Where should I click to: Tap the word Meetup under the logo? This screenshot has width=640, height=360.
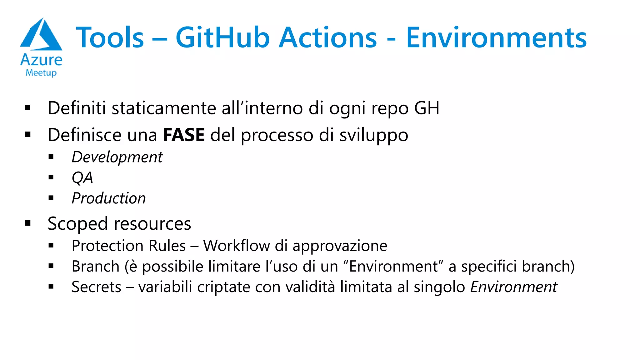pyautogui.click(x=41, y=73)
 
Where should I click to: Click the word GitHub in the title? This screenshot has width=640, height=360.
pyautogui.click(x=222, y=38)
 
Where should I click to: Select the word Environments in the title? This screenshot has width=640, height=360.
pyautogui.click(x=496, y=38)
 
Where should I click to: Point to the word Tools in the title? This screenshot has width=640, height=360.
pyautogui.click(x=110, y=38)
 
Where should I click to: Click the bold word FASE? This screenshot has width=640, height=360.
pyautogui.click(x=184, y=135)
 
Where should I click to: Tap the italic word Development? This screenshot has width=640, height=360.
pyautogui.click(x=117, y=157)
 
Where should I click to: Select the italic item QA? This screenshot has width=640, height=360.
pyautogui.click(x=82, y=178)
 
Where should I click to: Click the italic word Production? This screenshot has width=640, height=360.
pyautogui.click(x=109, y=198)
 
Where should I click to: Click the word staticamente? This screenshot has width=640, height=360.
pyautogui.click(x=164, y=108)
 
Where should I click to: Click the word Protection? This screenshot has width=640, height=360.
pyautogui.click(x=108, y=246)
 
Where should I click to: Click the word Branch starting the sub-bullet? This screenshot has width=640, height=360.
pyautogui.click(x=96, y=267)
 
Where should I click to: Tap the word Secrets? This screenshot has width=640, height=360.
pyautogui.click(x=96, y=287)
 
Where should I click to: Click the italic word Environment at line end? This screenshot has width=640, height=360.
pyautogui.click(x=513, y=287)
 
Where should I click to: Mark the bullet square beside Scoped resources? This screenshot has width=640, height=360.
pyautogui.click(x=28, y=223)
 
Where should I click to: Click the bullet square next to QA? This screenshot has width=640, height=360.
pyautogui.click(x=51, y=177)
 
